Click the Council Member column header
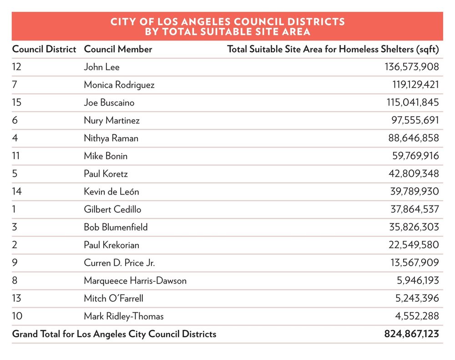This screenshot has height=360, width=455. click(x=118, y=49)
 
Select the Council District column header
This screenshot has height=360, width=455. click(x=44, y=49)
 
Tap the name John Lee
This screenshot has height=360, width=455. click(x=101, y=67)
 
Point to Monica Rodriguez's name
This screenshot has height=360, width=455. click(x=119, y=85)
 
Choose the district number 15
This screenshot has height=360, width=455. click(x=17, y=103)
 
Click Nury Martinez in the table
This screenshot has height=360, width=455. click(x=111, y=120)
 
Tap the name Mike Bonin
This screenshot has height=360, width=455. click(x=106, y=156)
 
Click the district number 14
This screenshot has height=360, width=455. click(x=17, y=191)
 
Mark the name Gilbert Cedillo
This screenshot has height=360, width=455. click(x=112, y=210)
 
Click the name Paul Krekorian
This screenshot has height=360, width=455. click(x=111, y=245)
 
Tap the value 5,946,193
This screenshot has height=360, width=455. click(x=417, y=280)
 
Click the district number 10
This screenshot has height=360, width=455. click(x=17, y=316)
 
